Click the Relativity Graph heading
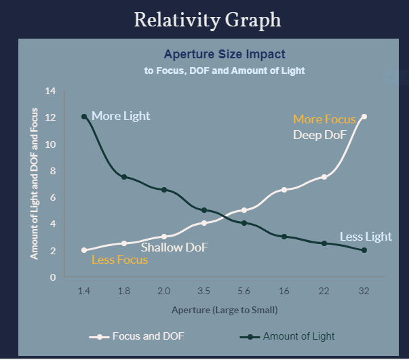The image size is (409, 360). (207, 20)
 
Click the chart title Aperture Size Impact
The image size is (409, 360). (224, 54)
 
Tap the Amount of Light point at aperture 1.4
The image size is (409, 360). (84, 117)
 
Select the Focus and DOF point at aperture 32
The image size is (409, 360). (364, 117)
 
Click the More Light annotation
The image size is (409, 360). (121, 117)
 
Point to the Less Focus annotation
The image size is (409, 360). (119, 260)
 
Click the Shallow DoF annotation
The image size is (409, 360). (174, 247)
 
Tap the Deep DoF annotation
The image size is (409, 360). (319, 135)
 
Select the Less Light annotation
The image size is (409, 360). (366, 237)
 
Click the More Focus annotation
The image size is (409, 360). (324, 119)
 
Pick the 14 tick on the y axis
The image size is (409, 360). (50, 91)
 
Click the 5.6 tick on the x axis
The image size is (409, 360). (244, 291)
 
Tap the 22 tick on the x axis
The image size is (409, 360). (324, 291)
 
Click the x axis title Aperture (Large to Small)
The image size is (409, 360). (225, 310)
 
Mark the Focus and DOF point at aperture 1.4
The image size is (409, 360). (84, 250)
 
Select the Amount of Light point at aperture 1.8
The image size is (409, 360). (124, 177)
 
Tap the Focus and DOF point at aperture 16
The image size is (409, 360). (284, 190)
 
